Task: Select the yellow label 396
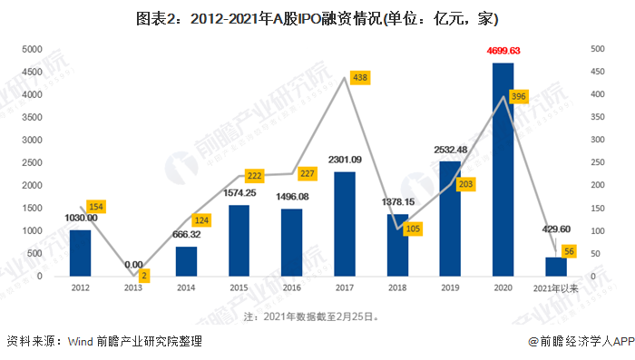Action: (519, 96)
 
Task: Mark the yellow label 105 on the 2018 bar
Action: (413, 229)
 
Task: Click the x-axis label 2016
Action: (291, 288)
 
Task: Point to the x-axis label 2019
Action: (450, 288)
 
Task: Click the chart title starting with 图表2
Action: (317, 16)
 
